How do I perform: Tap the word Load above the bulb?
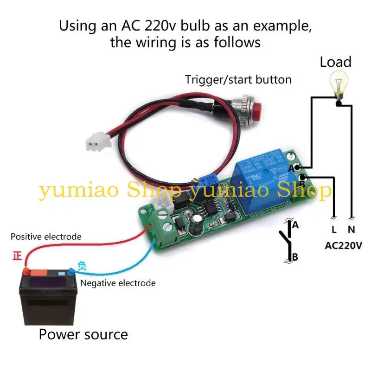(x=335, y=62)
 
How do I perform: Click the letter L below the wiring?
(x=334, y=229)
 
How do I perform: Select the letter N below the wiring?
(x=352, y=229)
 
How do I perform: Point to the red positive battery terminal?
(x=27, y=270)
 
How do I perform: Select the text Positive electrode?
(x=46, y=237)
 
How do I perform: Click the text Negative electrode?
(x=118, y=283)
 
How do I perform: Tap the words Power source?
(x=83, y=334)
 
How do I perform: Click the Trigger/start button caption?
(x=238, y=80)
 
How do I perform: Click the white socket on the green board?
(x=159, y=203)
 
